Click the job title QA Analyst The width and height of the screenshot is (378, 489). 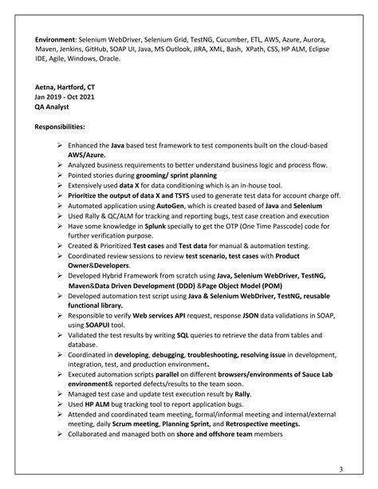(53, 109)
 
